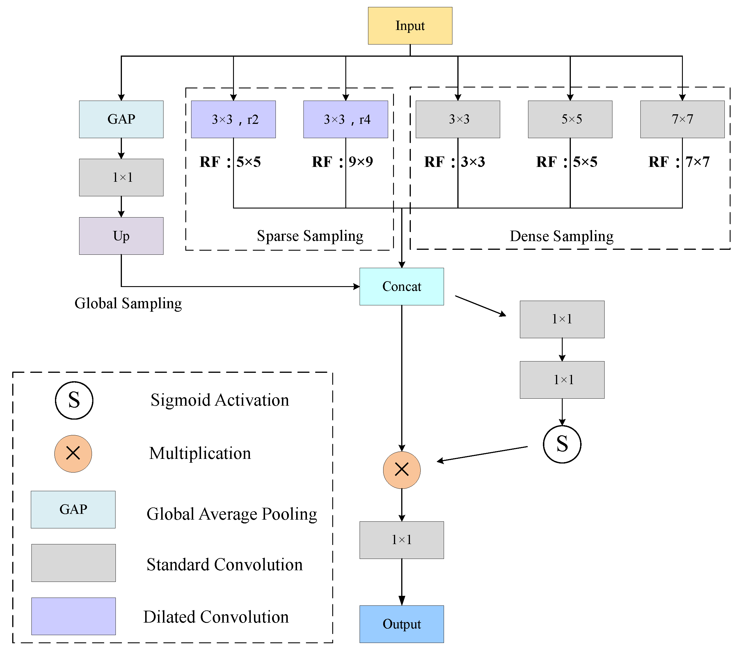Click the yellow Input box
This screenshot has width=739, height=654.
point(410,26)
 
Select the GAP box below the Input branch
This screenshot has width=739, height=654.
point(121,119)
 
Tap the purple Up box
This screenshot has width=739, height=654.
point(121,236)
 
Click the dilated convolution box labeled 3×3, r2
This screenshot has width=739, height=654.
point(233,119)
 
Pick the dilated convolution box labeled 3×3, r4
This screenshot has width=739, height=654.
point(346,119)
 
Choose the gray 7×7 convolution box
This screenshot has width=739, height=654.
point(682,119)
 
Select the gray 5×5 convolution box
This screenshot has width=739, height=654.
point(570,119)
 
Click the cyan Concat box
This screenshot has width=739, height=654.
point(402,286)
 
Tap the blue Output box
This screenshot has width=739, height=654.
point(402,624)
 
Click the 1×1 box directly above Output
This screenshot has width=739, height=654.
point(402,540)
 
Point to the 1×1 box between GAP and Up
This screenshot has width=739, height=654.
point(121,177)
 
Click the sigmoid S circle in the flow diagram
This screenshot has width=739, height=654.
point(562,444)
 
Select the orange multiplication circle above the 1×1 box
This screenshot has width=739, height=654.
point(402,470)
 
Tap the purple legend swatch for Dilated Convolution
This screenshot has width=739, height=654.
point(73,616)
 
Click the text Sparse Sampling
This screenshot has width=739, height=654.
point(310,236)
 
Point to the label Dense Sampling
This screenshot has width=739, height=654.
point(562,236)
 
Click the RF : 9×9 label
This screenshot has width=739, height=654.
point(342,162)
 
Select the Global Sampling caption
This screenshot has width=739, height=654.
point(128,303)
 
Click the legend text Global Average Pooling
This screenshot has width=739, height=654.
point(232,514)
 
